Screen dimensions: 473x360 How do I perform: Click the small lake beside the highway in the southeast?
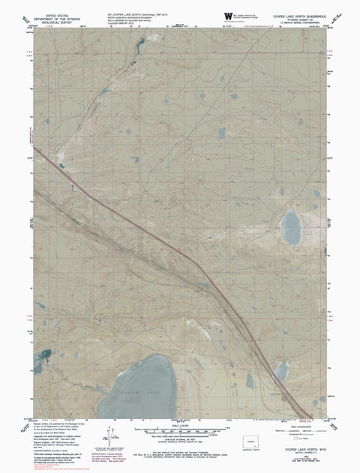pyautogui.click(x=281, y=370)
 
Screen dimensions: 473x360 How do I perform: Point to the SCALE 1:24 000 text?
pyautogui.click(x=179, y=423)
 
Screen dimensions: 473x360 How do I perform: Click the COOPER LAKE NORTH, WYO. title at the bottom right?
pyautogui.click(x=299, y=448)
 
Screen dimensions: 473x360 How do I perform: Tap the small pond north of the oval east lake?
pyautogui.click(x=282, y=191)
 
